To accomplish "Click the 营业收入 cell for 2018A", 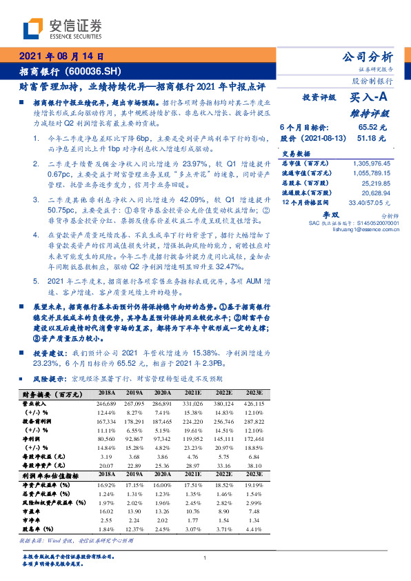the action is coord(106,402).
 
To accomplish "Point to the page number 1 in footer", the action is coord(205,558).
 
